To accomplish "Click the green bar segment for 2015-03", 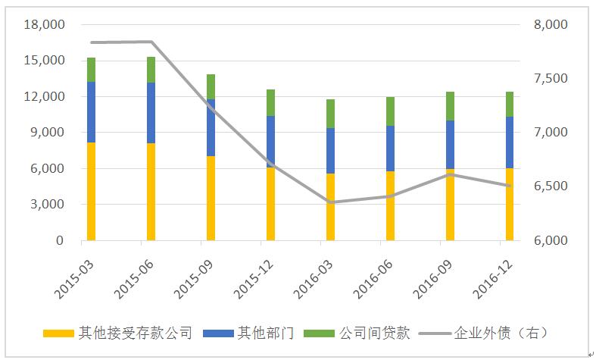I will click(91, 69).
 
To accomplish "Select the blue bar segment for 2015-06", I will click(151, 112).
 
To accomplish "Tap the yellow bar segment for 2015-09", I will click(211, 198).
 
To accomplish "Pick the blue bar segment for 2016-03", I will click(330, 150).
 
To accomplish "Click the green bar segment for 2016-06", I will click(390, 111).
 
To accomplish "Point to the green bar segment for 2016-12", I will click(510, 104).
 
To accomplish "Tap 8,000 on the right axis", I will click(550, 24).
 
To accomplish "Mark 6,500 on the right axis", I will click(550, 186).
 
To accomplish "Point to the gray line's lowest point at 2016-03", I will click(330, 202).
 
